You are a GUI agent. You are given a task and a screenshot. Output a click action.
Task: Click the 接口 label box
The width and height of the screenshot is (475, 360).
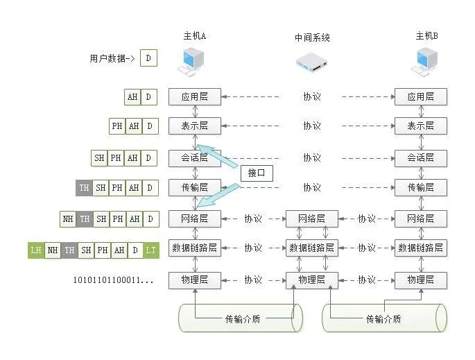[x=257, y=173]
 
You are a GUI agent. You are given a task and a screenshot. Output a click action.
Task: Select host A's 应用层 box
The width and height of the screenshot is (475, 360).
[x=194, y=97]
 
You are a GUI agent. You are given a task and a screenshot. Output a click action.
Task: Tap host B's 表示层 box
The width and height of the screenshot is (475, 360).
[x=420, y=126]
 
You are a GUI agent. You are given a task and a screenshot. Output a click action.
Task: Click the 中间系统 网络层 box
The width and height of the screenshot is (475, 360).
[x=311, y=218]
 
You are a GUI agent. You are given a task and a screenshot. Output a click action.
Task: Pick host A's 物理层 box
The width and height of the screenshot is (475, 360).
[x=194, y=280]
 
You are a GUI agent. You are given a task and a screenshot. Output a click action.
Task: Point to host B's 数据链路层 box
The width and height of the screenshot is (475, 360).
[x=420, y=248]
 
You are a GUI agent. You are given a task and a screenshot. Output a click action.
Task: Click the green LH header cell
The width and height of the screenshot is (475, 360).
[x=35, y=250]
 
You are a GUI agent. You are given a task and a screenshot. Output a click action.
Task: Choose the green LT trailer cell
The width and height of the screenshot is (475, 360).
[x=151, y=250]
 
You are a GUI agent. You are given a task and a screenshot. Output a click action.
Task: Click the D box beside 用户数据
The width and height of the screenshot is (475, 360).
[x=148, y=58]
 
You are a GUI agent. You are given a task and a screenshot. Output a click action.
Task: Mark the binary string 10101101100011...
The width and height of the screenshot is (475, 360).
[x=113, y=280]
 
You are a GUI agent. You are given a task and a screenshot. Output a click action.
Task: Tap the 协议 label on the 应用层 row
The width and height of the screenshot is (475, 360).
[x=311, y=97]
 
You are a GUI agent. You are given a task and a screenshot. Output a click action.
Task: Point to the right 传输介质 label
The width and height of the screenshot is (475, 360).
[x=383, y=319]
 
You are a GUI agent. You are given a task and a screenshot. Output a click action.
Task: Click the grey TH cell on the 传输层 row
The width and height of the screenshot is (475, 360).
[x=84, y=187]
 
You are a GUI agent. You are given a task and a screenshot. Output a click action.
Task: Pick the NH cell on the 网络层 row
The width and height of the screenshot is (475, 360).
[x=68, y=218]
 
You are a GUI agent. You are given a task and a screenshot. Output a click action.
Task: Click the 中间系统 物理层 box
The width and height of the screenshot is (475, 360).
[x=311, y=280]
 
